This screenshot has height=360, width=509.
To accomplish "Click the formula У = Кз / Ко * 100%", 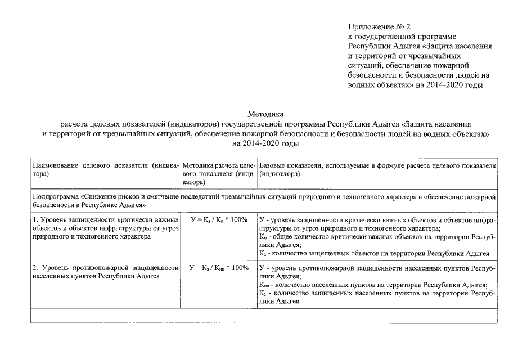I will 219,219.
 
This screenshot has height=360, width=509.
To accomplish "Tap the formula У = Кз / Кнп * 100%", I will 219,268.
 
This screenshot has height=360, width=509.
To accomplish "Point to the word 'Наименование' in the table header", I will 56,166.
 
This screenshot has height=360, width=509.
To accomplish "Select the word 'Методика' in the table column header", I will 198,166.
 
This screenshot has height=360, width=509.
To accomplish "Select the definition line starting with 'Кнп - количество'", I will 371,285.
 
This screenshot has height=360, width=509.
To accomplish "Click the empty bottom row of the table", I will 264,316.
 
